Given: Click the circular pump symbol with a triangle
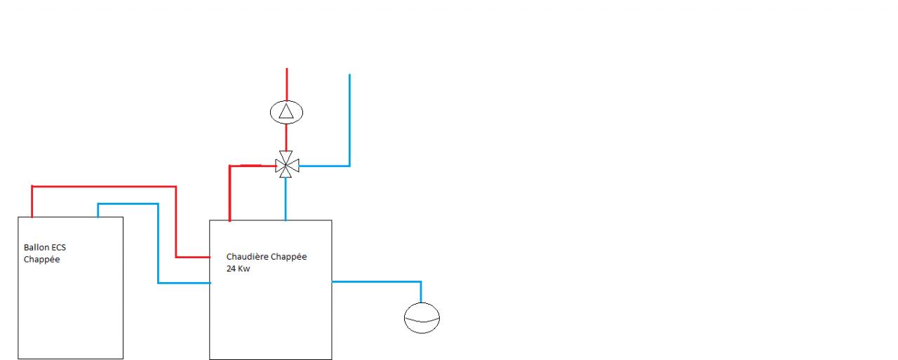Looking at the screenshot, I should pos(286,111).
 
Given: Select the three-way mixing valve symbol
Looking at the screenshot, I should pos(286,166).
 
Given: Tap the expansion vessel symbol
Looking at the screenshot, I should pos(422,318).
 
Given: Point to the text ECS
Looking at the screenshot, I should pos(59,248).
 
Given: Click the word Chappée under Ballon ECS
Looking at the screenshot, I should pos(42,259).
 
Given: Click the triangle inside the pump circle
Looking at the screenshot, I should pos(286,111).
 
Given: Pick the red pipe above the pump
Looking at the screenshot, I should pos(286,84).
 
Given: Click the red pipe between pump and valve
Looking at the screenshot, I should pos(286,137).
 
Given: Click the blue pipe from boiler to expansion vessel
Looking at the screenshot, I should pos(379,281).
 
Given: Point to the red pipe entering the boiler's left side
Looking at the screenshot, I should pos(193,257).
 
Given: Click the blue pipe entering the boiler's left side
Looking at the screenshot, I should pos(184,283).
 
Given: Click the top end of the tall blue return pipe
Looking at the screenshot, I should pos(349,76).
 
